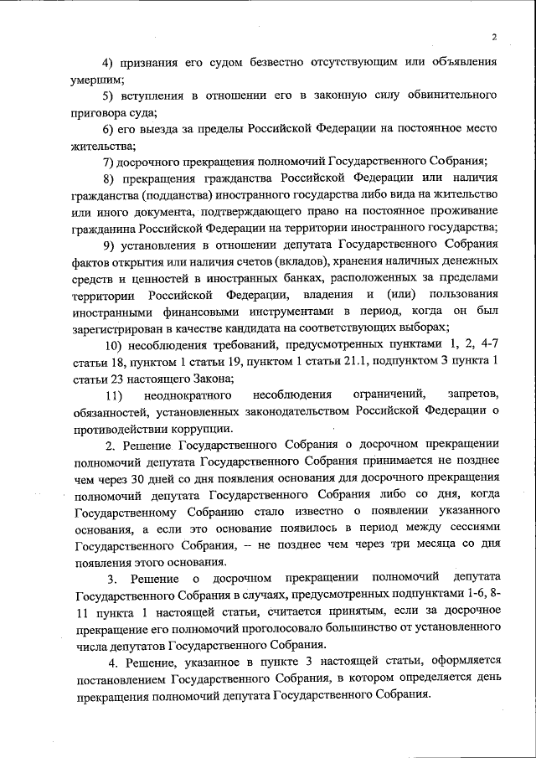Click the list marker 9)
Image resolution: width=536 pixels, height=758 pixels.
[x=109, y=244]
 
